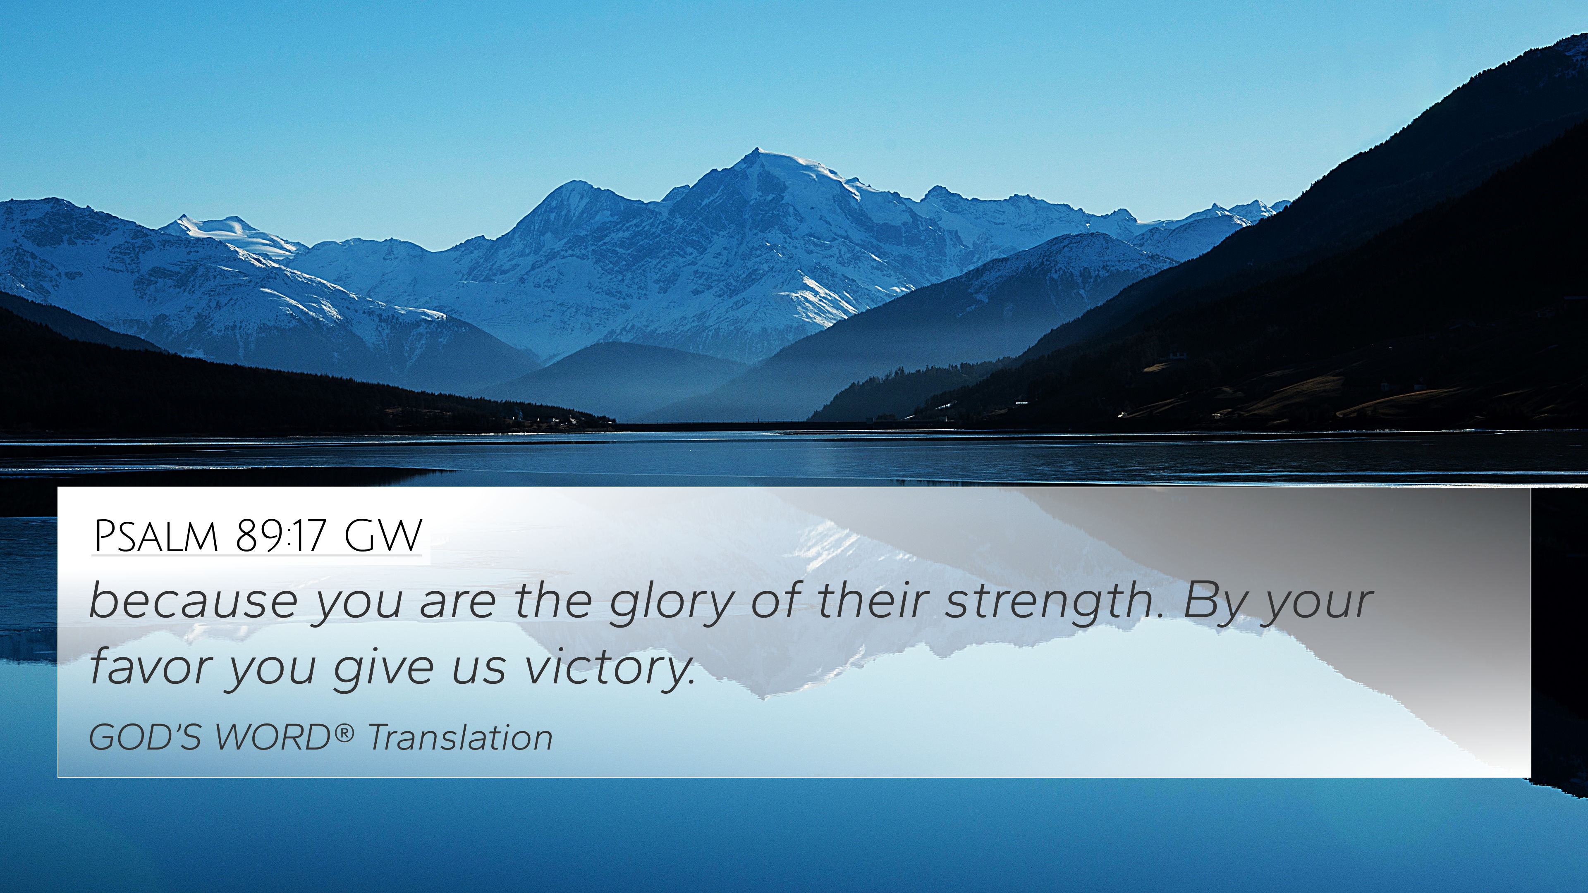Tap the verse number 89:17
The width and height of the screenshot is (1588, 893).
point(280,536)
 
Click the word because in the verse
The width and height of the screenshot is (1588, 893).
point(194,601)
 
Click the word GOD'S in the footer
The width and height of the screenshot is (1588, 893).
point(145,737)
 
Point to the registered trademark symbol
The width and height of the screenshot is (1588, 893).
point(345,732)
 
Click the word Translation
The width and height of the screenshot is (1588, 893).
point(460,737)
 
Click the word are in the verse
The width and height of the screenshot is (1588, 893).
point(457,607)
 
